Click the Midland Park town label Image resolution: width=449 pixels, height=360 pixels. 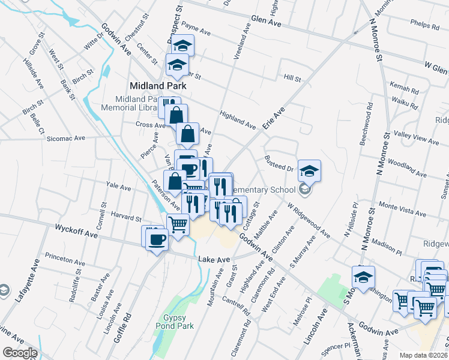coord(158,85)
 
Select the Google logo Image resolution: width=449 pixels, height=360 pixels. coord(20,353)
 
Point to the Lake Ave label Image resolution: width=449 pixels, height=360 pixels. coord(214,259)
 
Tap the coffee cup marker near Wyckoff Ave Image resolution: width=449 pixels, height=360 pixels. coord(157,239)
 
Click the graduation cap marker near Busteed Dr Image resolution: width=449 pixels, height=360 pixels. coord(309,172)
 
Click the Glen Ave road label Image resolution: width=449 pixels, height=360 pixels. coord(267,21)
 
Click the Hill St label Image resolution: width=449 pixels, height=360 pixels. coord(292,78)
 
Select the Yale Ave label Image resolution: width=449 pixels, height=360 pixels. coord(118,187)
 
